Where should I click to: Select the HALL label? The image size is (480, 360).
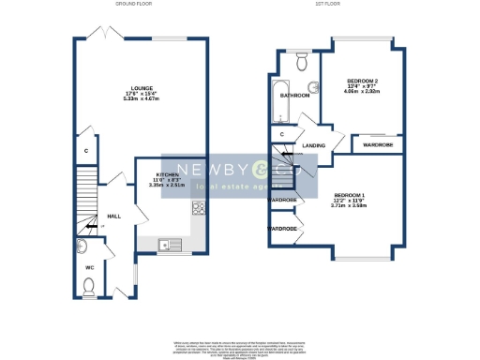[x=113, y=217]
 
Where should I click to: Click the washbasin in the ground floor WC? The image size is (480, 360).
[x=81, y=248]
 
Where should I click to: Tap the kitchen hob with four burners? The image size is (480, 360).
[x=199, y=207]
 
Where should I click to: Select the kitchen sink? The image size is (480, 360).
[x=171, y=246]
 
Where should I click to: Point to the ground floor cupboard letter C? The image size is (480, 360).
[x=86, y=151]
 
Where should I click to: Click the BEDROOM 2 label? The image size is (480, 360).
[x=361, y=82]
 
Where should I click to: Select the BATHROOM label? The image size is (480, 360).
[x=298, y=96]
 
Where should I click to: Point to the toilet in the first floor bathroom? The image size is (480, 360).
[x=301, y=62]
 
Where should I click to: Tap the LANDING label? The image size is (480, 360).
[x=314, y=145]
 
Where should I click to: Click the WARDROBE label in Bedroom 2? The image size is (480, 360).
[x=378, y=145]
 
